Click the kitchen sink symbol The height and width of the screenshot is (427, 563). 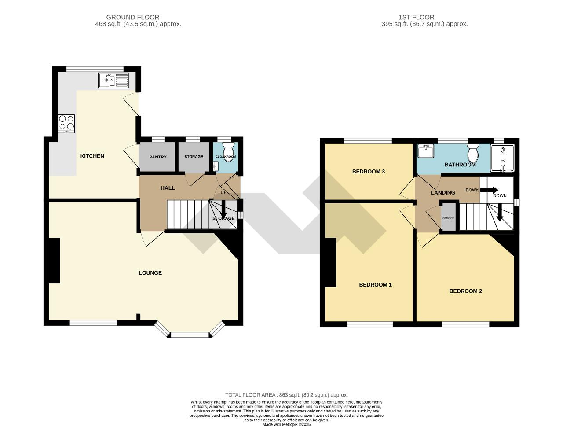coord(113,81)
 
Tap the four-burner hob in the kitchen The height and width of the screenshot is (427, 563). coord(66,123)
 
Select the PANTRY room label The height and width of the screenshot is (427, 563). coord(157,157)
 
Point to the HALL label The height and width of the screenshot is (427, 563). coord(168,188)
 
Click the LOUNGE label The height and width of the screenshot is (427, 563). coord(150,273)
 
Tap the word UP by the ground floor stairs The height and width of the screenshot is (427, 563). coord(223,192)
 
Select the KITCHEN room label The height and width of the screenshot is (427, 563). coord(92,156)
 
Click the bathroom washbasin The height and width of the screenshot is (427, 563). coord(425,151)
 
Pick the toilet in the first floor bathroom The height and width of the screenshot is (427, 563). coord(473,154)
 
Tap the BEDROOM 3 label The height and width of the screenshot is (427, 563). coord(369,172)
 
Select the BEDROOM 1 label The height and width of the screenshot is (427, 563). coord(375,285)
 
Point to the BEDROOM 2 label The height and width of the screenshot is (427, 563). coord(465,291)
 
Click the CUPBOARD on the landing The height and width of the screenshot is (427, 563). coord(448,217)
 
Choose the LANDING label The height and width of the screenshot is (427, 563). coord(442,193)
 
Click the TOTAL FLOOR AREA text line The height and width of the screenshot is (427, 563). coord(286,395)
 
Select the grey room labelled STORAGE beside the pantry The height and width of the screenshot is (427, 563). coord(194,157)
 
